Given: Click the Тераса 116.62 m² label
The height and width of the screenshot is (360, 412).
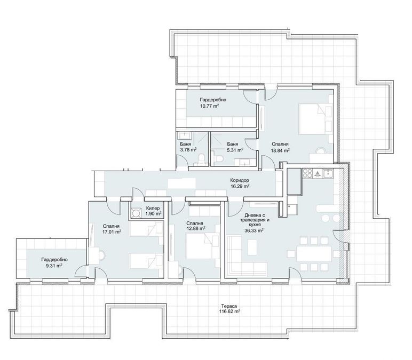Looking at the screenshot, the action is click(229, 309).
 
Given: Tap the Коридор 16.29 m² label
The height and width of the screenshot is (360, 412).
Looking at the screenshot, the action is click(240, 183).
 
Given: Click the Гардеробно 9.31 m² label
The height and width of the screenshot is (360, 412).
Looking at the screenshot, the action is click(54, 262).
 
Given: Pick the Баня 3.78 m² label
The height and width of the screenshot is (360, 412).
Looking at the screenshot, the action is click(188, 147).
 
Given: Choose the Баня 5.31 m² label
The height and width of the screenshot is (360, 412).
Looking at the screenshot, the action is click(235, 147).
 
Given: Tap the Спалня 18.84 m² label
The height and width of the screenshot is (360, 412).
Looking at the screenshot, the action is click(280, 147).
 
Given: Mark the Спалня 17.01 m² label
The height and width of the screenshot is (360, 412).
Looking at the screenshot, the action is click(112, 229).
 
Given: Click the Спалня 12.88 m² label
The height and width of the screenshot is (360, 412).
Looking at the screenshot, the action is click(195, 226).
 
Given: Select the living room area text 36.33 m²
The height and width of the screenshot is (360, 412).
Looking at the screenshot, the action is click(254, 230).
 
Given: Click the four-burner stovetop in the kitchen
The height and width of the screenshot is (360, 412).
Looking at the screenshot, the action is click(307, 173).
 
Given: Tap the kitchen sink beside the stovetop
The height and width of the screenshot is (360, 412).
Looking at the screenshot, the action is click(328, 173).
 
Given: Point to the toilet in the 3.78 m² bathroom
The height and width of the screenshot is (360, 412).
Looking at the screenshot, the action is click(202, 158).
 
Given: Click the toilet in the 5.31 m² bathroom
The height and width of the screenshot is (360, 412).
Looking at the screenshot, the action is click(219, 158).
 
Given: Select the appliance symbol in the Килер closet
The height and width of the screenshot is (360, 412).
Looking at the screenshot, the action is click(137, 213).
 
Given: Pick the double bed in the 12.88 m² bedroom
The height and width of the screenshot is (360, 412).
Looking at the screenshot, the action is click(202, 246).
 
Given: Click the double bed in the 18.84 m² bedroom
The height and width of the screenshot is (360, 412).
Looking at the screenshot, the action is click(314, 119).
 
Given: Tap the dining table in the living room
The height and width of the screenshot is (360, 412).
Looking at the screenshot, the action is click(314, 254).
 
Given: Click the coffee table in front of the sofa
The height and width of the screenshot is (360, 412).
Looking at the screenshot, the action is click(252, 247).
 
